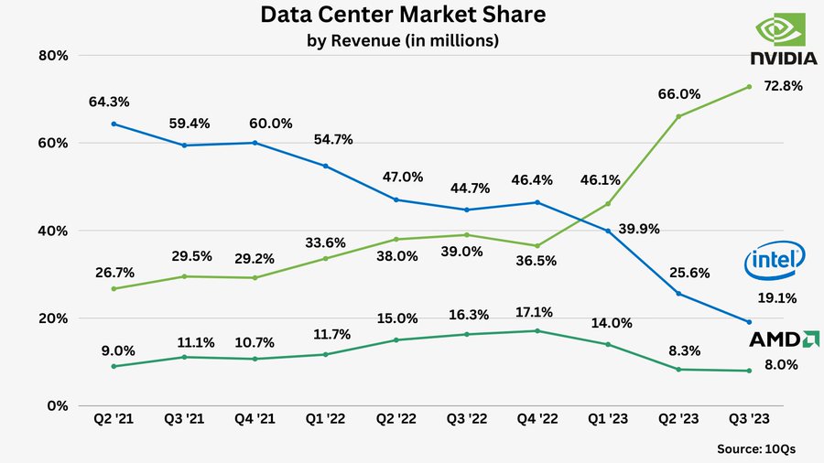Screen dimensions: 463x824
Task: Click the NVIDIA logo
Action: coord(783,42)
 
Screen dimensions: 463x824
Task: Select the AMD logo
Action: coord(784,339)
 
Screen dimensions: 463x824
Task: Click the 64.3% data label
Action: coord(109,102)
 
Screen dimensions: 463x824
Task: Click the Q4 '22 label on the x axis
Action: coord(537,419)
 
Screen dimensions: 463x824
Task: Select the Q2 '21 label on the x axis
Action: coord(113,419)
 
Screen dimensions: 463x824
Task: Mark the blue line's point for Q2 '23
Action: coord(678,294)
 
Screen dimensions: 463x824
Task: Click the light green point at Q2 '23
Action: coord(678,116)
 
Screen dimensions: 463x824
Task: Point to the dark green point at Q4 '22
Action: coord(537,330)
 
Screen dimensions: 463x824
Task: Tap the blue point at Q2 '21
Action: coord(113,124)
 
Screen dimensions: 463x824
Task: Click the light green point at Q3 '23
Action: coord(749,87)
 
